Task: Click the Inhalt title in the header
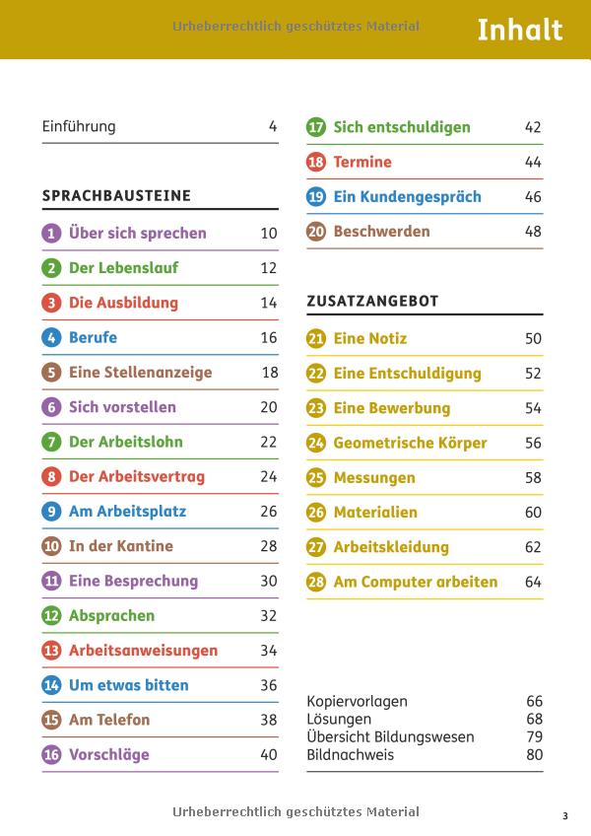click(x=519, y=31)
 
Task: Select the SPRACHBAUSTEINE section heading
click(x=116, y=196)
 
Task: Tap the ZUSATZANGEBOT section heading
click(x=372, y=301)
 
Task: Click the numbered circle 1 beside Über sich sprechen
click(x=51, y=234)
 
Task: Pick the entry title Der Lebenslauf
click(x=123, y=268)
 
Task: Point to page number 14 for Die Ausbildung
click(x=268, y=304)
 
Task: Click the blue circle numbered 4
click(x=51, y=338)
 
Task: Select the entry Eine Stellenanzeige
click(x=140, y=373)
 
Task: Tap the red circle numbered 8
click(x=51, y=477)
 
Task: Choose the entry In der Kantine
click(x=120, y=546)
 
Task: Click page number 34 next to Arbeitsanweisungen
click(x=268, y=651)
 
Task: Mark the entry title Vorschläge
click(x=108, y=755)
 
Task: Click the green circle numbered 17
click(x=316, y=127)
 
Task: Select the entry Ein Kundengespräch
click(x=407, y=197)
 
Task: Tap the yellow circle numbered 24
click(x=316, y=443)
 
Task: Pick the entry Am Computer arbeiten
click(x=415, y=582)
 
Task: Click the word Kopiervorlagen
click(x=357, y=702)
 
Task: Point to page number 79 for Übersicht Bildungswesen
click(x=534, y=737)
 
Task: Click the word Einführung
click(x=79, y=126)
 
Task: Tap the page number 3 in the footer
click(x=565, y=815)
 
